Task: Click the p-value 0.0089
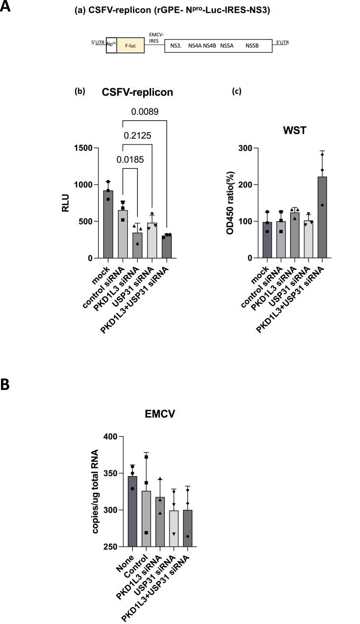coord(145,112)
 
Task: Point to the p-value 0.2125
coord(138,136)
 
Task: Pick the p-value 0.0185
coord(130,159)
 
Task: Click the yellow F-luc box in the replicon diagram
coord(130,47)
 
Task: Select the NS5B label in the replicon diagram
coord(253,46)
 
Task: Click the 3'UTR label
coord(282,43)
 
